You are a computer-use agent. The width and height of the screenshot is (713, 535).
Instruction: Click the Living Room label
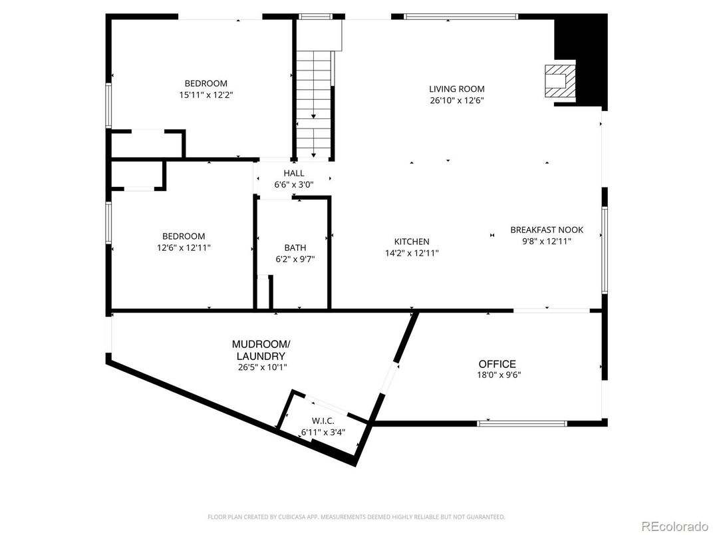point(456,89)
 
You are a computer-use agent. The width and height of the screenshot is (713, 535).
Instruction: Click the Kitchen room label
point(412,242)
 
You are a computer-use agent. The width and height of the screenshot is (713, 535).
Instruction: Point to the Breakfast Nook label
point(546,230)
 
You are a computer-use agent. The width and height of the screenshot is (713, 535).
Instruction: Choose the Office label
point(497,364)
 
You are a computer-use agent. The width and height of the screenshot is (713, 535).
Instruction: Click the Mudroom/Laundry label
point(260,350)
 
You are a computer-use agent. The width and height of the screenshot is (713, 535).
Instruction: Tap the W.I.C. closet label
point(323,421)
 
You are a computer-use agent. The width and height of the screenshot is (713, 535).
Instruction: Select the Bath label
point(295,248)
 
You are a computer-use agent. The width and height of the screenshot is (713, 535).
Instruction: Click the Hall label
point(293,173)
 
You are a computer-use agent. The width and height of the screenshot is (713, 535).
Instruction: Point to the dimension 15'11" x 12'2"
point(206,94)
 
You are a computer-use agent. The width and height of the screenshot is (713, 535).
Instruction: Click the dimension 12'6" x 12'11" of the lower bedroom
point(184,248)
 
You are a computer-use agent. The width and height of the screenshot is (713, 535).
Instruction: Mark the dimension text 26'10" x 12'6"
point(456,100)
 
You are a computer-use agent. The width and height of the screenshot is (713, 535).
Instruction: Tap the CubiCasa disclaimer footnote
point(356,516)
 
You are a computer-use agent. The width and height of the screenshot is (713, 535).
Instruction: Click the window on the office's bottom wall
point(522,422)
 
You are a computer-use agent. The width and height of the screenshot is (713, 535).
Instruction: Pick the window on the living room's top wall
point(460,17)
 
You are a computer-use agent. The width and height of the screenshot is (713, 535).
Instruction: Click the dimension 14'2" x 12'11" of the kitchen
point(412,253)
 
